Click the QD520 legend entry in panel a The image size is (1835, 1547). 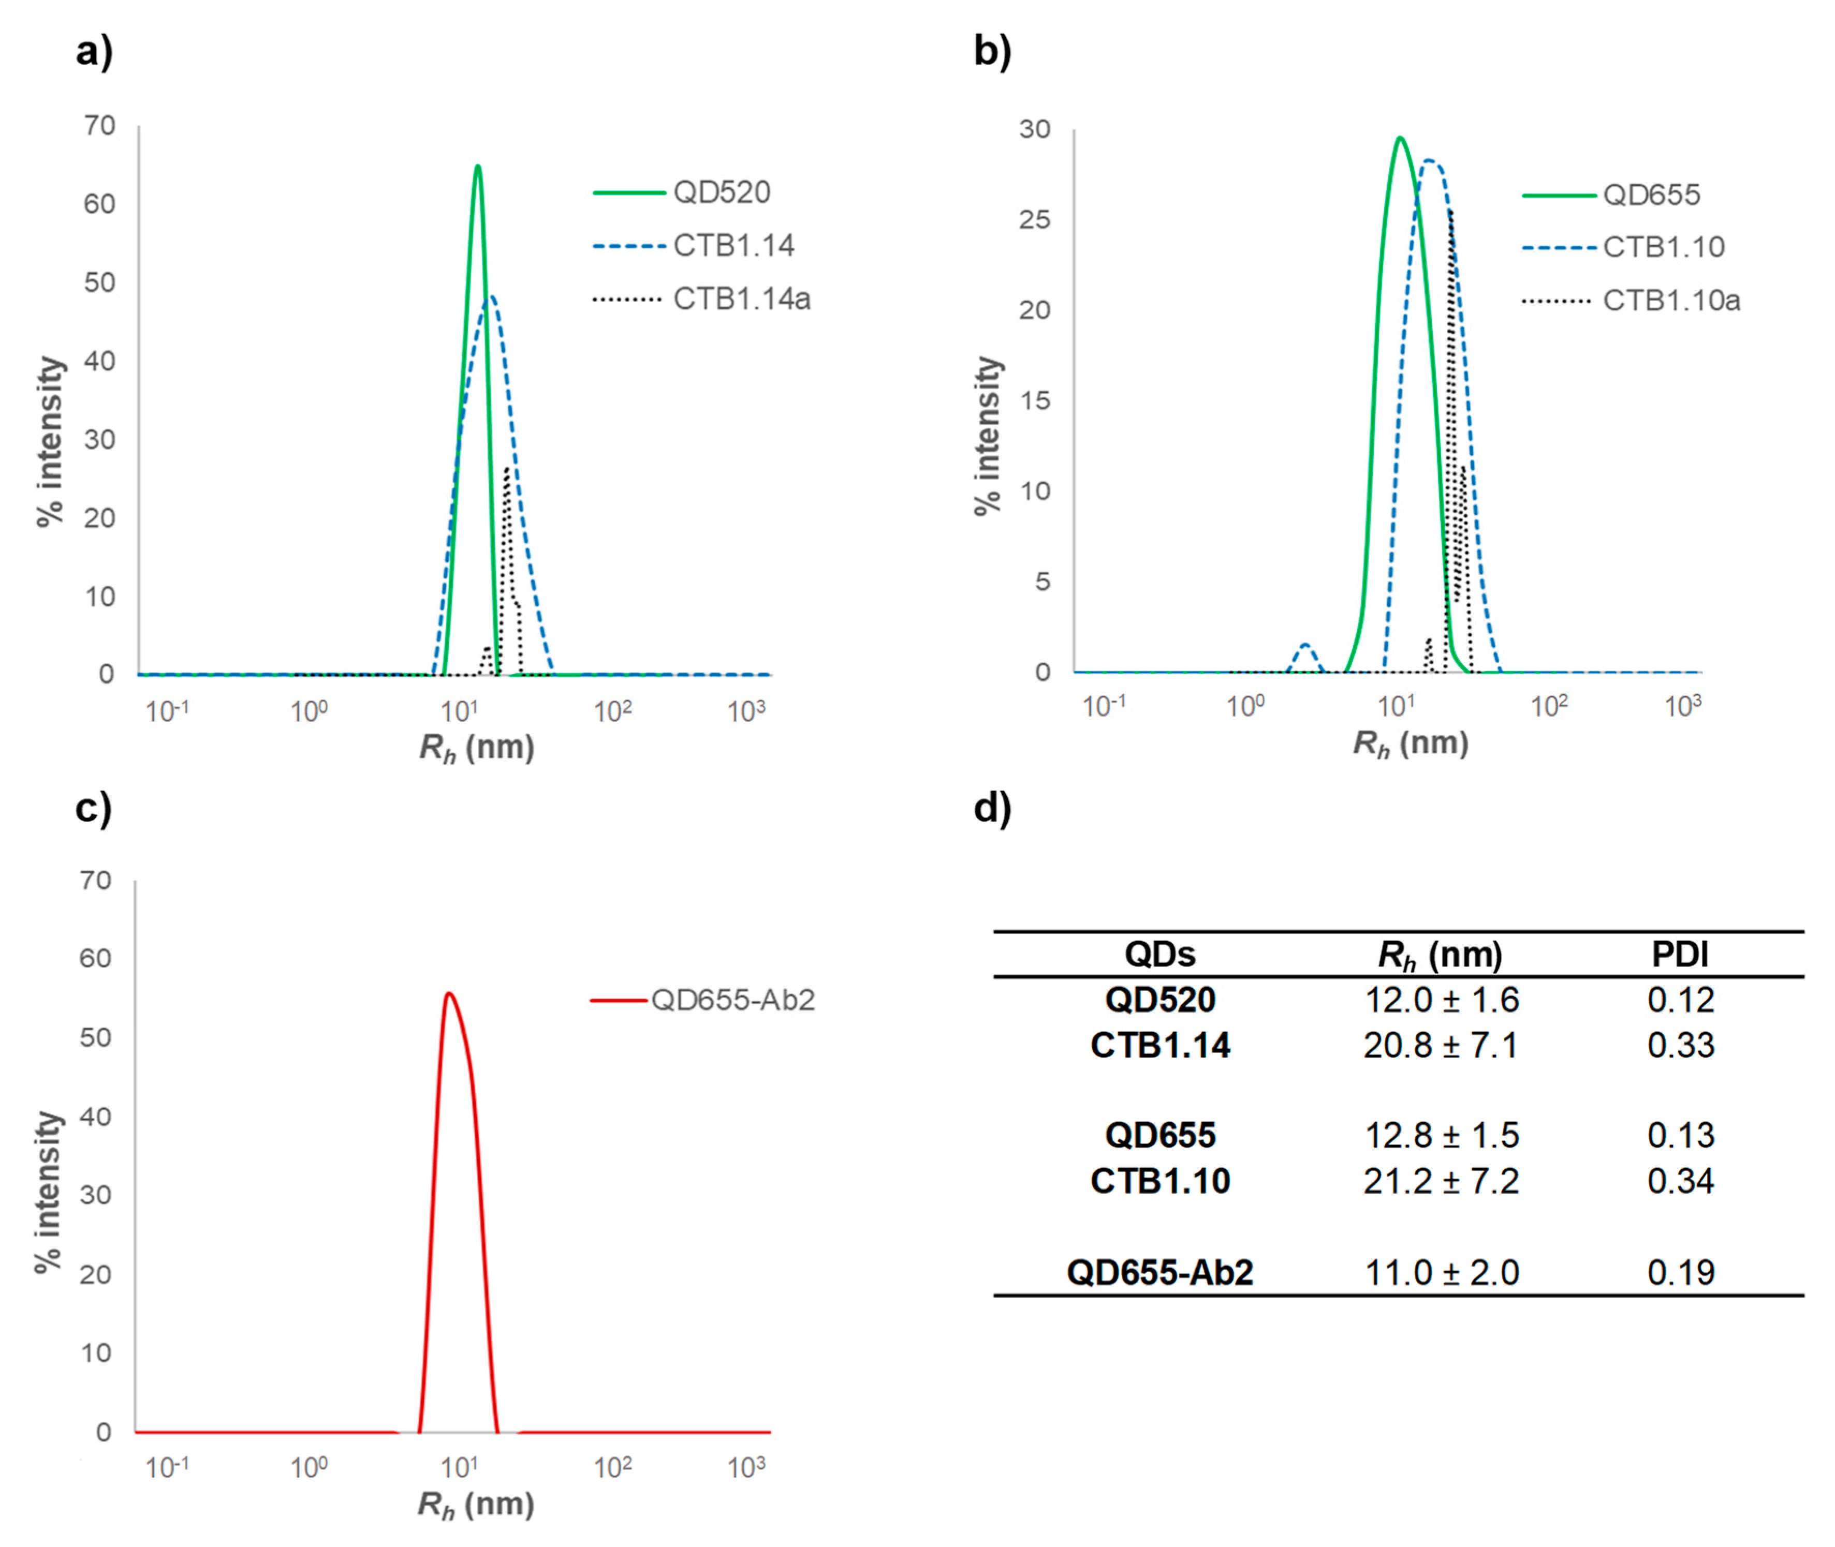coord(721,192)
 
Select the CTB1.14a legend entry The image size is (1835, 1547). coord(741,299)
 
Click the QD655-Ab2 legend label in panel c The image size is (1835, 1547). coord(732,1000)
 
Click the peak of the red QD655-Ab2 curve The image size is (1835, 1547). coord(448,993)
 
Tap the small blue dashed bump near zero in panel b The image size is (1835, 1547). coord(1305,646)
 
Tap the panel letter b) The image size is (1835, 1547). coord(992,52)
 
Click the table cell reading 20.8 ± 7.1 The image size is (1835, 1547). coord(1440,1045)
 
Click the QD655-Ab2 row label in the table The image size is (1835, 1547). coord(1159,1272)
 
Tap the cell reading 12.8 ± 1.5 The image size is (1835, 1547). coord(1440,1136)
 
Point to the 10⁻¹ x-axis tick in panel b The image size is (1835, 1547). coord(1104,706)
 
